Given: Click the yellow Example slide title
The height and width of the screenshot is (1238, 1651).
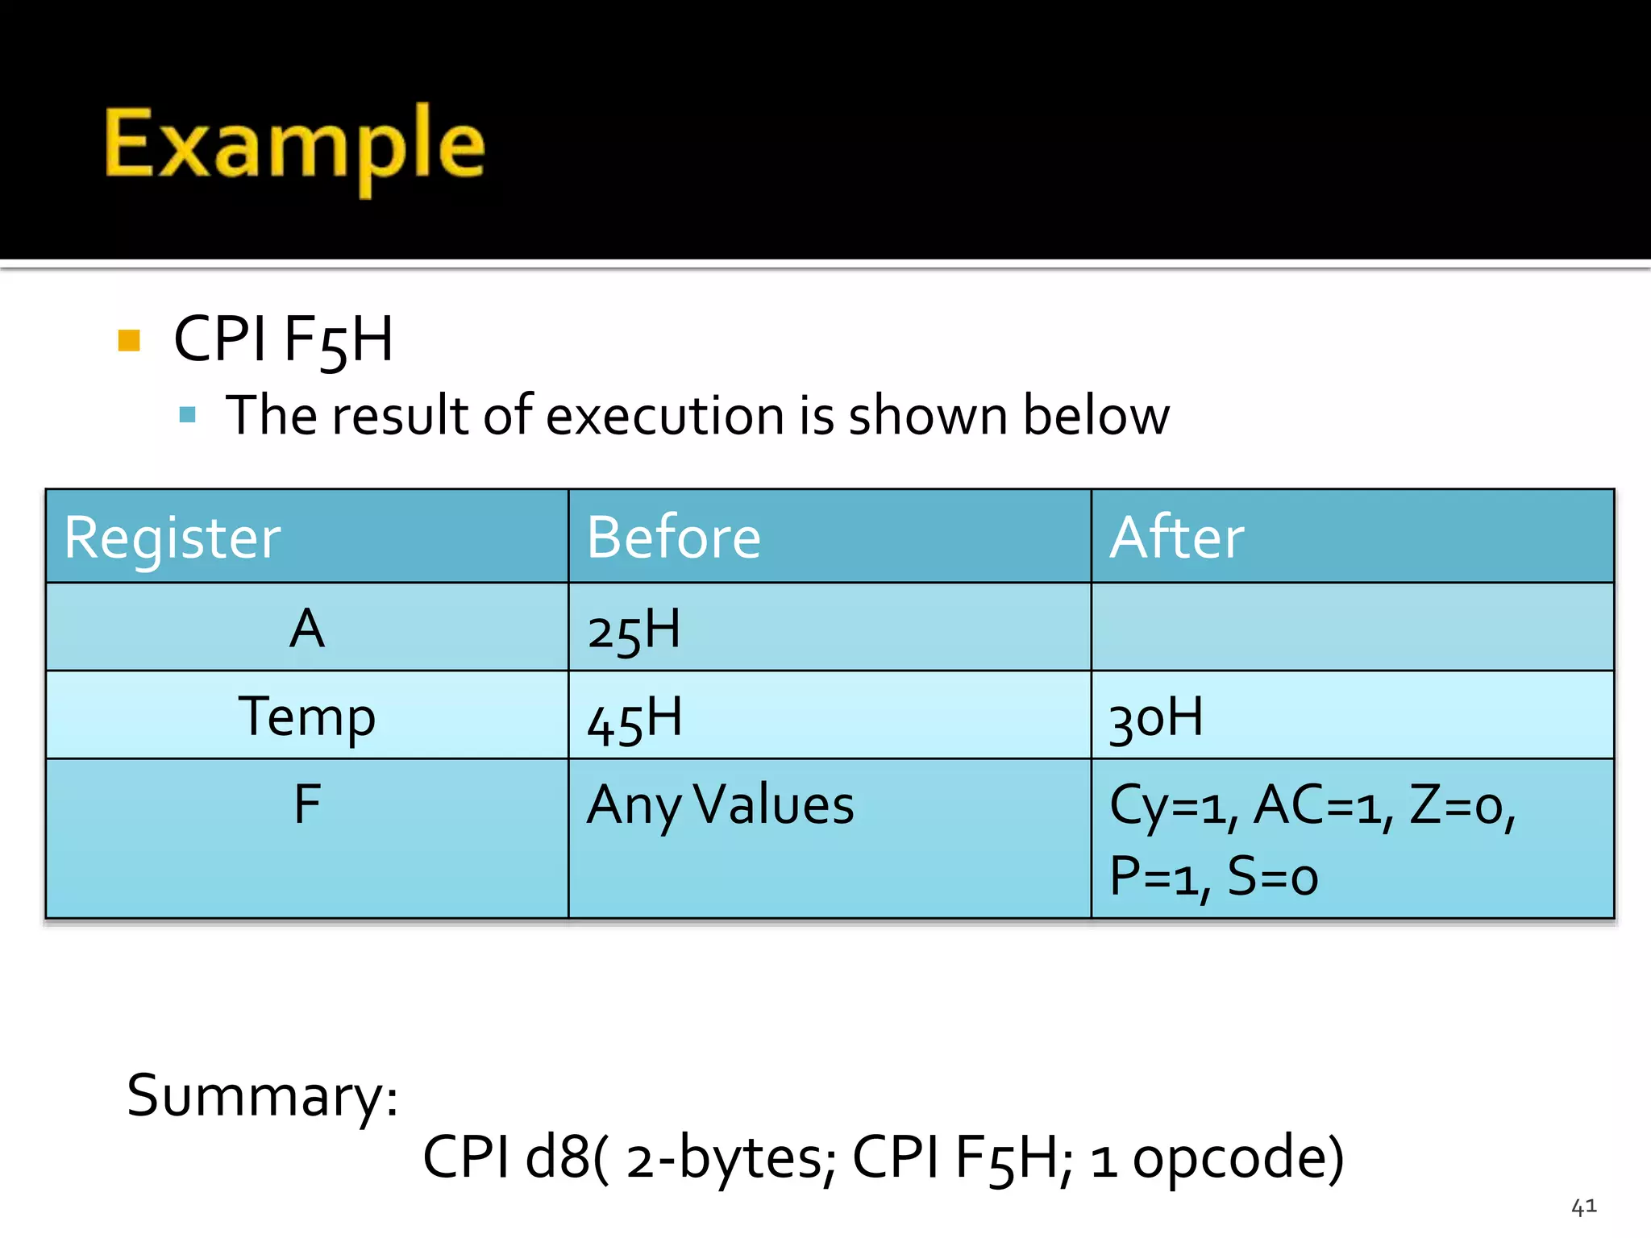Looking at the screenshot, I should coord(294,145).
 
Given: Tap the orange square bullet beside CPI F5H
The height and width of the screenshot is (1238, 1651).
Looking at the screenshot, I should coord(129,340).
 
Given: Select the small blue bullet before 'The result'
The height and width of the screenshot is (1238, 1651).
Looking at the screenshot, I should coord(188,415).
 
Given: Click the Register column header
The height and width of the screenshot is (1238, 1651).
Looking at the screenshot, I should coord(173,538).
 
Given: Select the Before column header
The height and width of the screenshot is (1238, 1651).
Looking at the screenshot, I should coord(673,538).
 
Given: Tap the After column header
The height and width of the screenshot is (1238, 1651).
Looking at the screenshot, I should coord(1177,538).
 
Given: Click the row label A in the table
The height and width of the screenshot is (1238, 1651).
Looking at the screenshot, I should coord(307,629).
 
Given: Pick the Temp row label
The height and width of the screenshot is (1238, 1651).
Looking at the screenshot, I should coord(307,717).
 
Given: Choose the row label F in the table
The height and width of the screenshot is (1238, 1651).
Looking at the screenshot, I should coord(307,804).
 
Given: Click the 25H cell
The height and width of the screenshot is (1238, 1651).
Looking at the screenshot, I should coord(634,630).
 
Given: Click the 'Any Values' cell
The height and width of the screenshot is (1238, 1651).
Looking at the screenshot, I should coord(720,805).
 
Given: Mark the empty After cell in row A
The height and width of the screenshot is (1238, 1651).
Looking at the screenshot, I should coord(1352,627).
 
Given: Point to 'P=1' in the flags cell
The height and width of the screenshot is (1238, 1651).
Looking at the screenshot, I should coord(1154,877).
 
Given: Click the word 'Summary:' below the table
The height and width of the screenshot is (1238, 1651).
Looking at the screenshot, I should coord(263,1096).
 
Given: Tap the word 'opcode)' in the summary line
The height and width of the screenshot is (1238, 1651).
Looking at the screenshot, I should coord(1238,1157).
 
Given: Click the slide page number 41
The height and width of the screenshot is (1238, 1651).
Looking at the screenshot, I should coord(1584,1207).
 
